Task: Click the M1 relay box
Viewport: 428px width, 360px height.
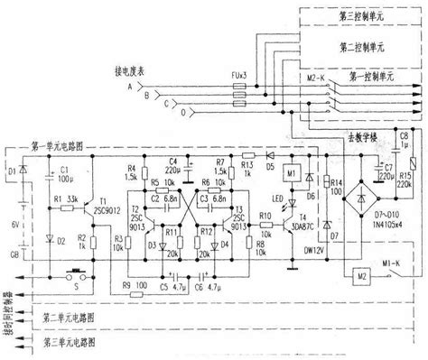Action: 291,172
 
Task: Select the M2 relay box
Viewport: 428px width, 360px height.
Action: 359,272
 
